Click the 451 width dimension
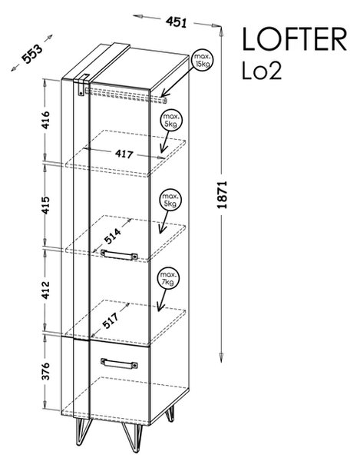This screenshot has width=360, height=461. tap(177, 22)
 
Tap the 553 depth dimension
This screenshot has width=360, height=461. tap(32, 54)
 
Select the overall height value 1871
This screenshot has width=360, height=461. tap(223, 194)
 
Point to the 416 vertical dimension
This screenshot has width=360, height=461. tap(45, 120)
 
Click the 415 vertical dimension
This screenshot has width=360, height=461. tap(45, 205)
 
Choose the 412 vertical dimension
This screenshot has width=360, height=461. tap(45, 290)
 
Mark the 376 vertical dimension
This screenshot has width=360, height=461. tap(45, 371)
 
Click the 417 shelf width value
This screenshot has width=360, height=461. tap(124, 154)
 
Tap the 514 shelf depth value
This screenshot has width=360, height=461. tap(113, 236)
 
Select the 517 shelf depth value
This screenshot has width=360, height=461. tap(111, 320)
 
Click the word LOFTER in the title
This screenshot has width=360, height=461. tap(295, 39)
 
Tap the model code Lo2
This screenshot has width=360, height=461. tap(262, 71)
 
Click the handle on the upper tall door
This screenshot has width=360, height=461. tap(119, 254)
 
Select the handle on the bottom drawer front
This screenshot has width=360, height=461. tap(119, 363)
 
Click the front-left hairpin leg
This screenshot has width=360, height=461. tap(84, 432)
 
